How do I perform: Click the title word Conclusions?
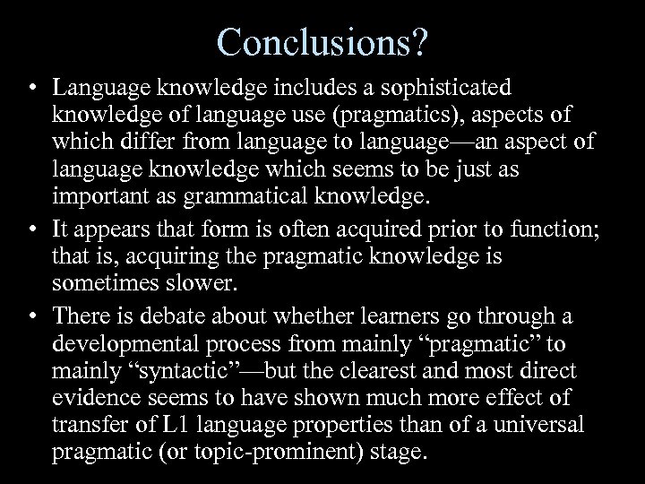pos(322,41)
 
